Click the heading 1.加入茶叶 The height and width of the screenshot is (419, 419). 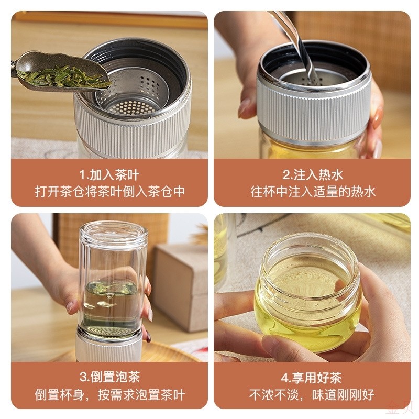[x=109, y=174]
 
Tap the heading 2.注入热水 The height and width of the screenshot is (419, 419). [x=313, y=174]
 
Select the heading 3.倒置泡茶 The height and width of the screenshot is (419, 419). [x=109, y=377]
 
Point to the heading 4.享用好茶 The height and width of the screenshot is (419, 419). [x=313, y=377]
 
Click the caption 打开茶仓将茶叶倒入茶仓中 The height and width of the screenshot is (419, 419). [x=109, y=191]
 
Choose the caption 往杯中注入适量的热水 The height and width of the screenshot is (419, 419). [x=313, y=191]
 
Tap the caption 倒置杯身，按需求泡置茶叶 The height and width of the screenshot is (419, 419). [x=109, y=394]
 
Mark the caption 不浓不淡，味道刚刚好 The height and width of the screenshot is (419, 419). [x=313, y=394]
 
